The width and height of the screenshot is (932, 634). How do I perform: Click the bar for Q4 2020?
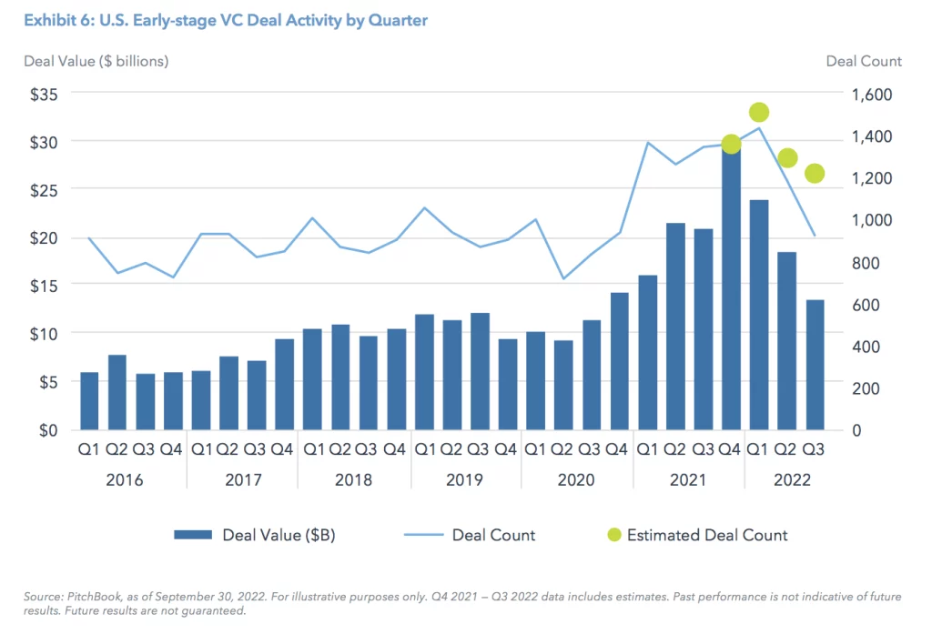(x=618, y=360)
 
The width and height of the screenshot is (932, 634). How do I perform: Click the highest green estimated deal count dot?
(x=759, y=113)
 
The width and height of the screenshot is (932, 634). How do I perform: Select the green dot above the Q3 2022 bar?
(x=815, y=174)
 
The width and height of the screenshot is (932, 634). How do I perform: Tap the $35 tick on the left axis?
(x=42, y=94)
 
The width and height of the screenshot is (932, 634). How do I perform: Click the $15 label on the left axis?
(x=42, y=286)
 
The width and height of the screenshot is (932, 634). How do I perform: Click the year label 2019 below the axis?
(x=464, y=480)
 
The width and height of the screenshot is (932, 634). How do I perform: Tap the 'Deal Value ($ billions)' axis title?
(x=96, y=61)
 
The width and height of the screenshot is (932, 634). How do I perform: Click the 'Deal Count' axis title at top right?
(x=864, y=61)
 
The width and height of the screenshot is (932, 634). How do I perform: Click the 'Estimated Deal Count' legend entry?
(x=707, y=535)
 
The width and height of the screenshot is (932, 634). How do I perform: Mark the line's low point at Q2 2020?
(x=564, y=278)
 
